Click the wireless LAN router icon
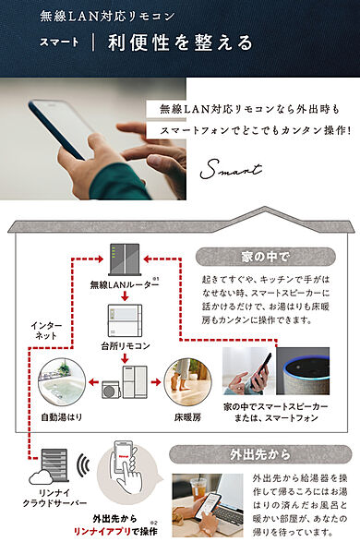pyautogui.click(x=125, y=259)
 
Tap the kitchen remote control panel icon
pyautogui.click(x=125, y=320)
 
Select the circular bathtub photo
pyautogui.click(x=62, y=382)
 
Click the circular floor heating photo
pyautogui.click(x=187, y=382)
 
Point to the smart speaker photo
pyautogui.click(x=303, y=371)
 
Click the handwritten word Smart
pyautogui.click(x=231, y=169)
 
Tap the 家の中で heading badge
pyautogui.click(x=265, y=257)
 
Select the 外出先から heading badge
pyautogui.click(x=260, y=454)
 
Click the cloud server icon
pyautogui.click(x=49, y=467)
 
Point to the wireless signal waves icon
pyautogui.click(x=83, y=465)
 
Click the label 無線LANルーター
pyautogui.click(x=124, y=284)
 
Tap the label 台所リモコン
pyautogui.click(x=125, y=346)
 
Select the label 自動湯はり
pyautogui.click(x=62, y=417)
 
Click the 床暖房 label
pyautogui.click(x=187, y=417)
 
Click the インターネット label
pyautogui.click(x=46, y=331)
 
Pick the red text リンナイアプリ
pyautogui.click(x=102, y=532)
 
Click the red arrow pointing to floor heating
pyautogui.click(x=156, y=382)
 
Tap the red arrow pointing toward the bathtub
pyautogui.click(x=93, y=382)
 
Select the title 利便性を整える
pyautogui.click(x=181, y=42)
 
